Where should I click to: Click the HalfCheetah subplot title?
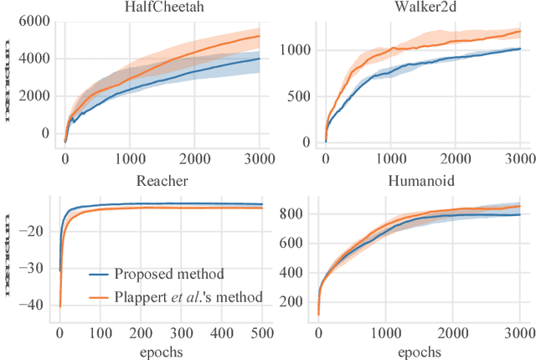(x=161, y=7)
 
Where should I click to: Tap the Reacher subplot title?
(x=160, y=183)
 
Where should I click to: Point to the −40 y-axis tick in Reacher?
(x=36, y=306)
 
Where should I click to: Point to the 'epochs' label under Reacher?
(x=160, y=352)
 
